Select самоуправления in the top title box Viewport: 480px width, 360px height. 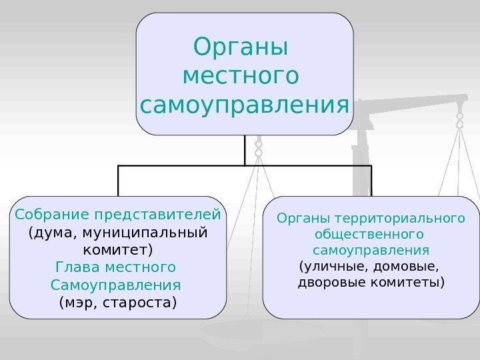click(245, 105)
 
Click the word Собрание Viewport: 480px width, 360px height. click(53, 215)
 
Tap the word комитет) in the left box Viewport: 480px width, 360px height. click(118, 251)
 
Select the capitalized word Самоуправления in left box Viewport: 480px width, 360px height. click(115, 285)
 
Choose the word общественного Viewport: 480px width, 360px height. click(369, 235)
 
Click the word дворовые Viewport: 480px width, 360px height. click(330, 283)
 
